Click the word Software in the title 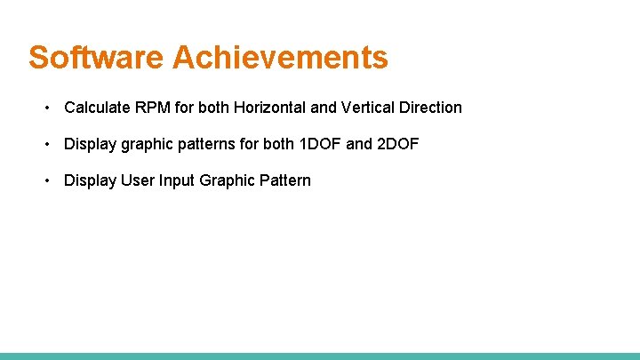(96, 58)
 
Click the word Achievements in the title (280, 58)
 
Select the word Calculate (98, 108)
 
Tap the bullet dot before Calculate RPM (46, 108)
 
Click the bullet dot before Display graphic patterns (46, 144)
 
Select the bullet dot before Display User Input (46, 180)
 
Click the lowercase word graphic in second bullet (148, 144)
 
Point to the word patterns (208, 144)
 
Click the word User (138, 180)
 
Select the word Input (177, 180)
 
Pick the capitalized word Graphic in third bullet (228, 180)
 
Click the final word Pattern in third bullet (285, 180)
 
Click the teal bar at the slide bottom (320, 356)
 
